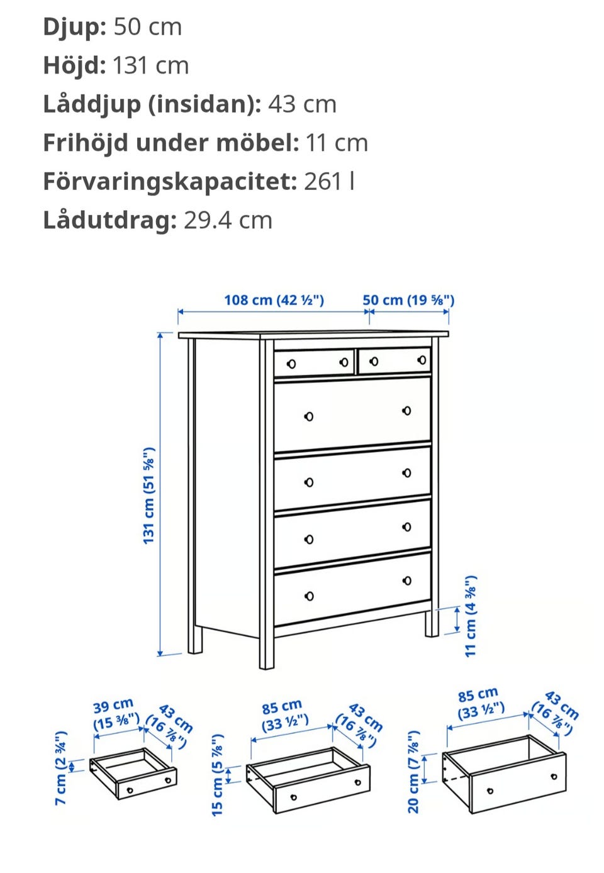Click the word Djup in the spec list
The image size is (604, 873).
(74, 28)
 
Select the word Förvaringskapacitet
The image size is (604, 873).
(170, 182)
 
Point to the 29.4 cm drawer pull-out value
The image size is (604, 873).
(228, 220)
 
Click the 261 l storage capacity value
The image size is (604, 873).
(329, 181)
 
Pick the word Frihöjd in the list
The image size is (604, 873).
(86, 143)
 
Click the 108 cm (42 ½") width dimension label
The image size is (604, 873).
(274, 300)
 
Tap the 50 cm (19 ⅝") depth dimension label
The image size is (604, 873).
(408, 300)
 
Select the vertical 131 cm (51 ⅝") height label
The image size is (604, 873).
(149, 496)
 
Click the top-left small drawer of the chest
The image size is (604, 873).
(314, 364)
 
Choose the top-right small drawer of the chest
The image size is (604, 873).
(394, 361)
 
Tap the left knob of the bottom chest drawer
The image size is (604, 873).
(309, 596)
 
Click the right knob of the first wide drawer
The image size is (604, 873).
(406, 411)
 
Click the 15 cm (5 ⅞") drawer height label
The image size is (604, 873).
(217, 775)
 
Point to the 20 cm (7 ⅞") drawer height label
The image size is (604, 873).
(413, 772)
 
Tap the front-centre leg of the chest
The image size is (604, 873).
(266, 650)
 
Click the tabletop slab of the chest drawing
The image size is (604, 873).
(313, 335)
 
